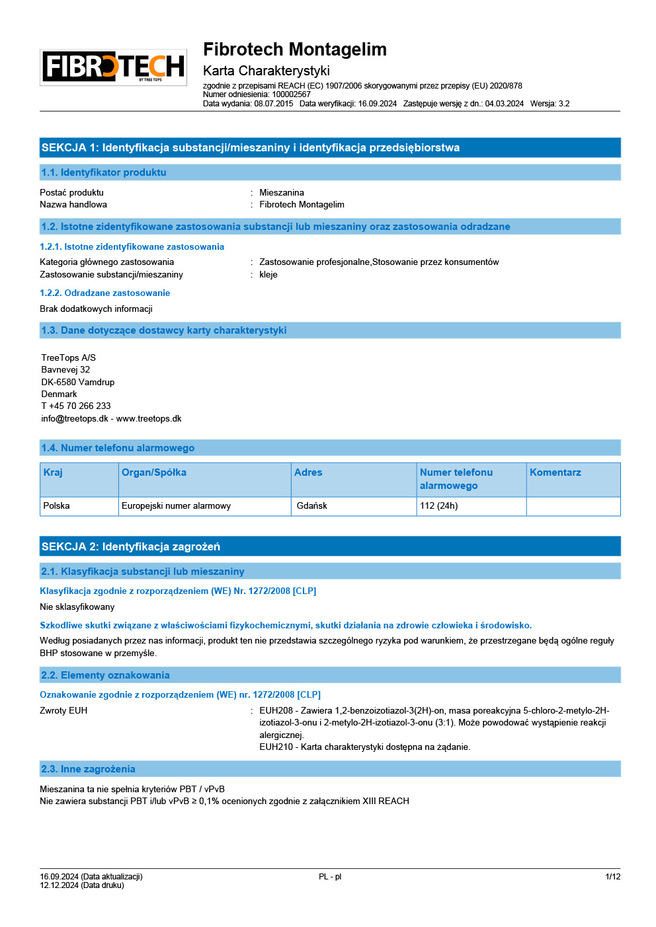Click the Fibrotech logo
point(113,67)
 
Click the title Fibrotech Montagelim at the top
point(294,50)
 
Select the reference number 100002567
point(291,94)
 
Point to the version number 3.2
point(564,104)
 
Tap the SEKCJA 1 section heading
point(250,148)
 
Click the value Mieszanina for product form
point(282,193)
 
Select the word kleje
point(268,275)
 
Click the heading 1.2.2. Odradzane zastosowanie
point(104,293)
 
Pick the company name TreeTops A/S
point(69,358)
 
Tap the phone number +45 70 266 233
point(80,406)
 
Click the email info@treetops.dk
point(75,419)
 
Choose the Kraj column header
point(53,473)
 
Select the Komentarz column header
point(555,473)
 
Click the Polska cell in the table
point(57,506)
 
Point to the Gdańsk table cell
point(312,506)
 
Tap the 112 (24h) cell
point(438,506)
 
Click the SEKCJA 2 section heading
point(131,547)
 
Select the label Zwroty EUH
point(63,711)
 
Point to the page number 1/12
point(613,877)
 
